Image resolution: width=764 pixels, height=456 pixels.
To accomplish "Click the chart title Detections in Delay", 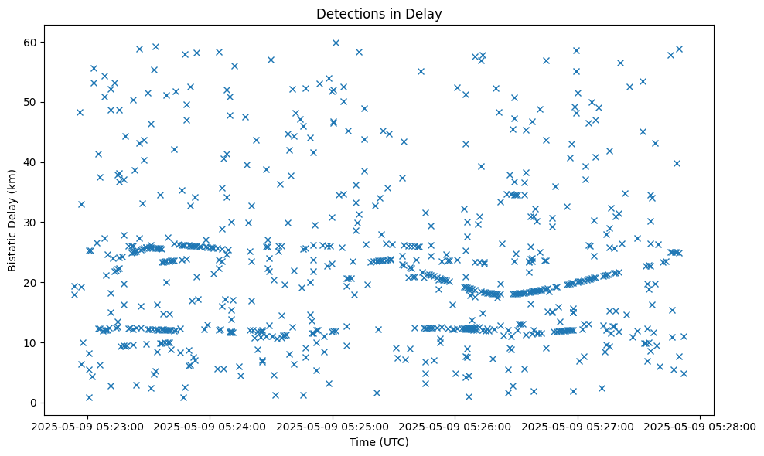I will [x=379, y=13].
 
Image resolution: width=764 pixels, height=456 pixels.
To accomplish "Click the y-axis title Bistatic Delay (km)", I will [x=13, y=219].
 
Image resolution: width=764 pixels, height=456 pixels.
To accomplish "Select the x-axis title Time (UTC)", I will [x=379, y=442].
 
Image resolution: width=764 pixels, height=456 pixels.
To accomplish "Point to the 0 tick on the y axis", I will [x=34, y=403].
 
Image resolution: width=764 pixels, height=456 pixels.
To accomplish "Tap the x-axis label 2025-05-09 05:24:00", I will [x=210, y=426].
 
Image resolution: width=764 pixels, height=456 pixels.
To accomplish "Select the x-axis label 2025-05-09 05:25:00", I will [x=333, y=426].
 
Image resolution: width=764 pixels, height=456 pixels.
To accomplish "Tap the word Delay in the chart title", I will [x=425, y=13].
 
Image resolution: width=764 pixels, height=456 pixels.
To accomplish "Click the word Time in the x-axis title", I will [x=363, y=442].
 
